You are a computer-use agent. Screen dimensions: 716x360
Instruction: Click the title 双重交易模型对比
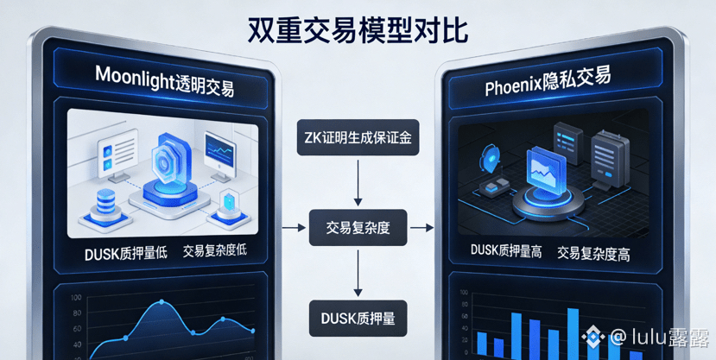click(x=358, y=30)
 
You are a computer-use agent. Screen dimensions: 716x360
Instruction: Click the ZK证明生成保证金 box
click(x=357, y=136)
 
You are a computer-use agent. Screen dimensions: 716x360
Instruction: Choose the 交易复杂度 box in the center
click(x=358, y=228)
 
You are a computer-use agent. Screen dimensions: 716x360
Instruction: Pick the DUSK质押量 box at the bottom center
click(x=357, y=318)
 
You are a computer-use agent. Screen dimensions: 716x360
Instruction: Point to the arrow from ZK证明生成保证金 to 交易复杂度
click(x=358, y=182)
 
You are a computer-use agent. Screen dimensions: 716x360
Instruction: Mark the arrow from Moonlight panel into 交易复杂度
click(x=295, y=228)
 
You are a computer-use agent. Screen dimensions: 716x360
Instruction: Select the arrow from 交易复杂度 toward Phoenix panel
click(x=421, y=228)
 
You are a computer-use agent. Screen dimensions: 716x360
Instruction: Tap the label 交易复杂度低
click(x=215, y=251)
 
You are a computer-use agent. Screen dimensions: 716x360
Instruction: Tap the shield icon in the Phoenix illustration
click(x=490, y=159)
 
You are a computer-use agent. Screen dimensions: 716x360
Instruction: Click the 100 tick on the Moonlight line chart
click(x=77, y=298)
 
